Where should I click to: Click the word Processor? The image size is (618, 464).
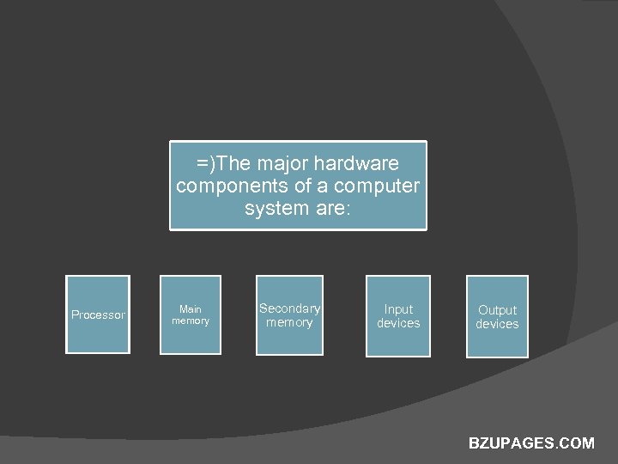pyautogui.click(x=98, y=315)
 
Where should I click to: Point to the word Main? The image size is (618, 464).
pyautogui.click(x=191, y=309)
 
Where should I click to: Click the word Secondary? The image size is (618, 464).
pyautogui.click(x=289, y=308)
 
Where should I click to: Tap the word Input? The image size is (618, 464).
pyautogui.click(x=398, y=309)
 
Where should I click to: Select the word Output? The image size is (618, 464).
pyautogui.click(x=497, y=310)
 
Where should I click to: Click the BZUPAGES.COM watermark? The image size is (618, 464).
pyautogui.click(x=531, y=443)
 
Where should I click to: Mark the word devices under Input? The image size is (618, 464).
pyautogui.click(x=398, y=323)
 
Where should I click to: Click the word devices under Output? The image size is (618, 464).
pyautogui.click(x=497, y=324)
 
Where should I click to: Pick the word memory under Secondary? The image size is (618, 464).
pyautogui.click(x=289, y=322)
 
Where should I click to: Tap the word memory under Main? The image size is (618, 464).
pyautogui.click(x=191, y=321)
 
